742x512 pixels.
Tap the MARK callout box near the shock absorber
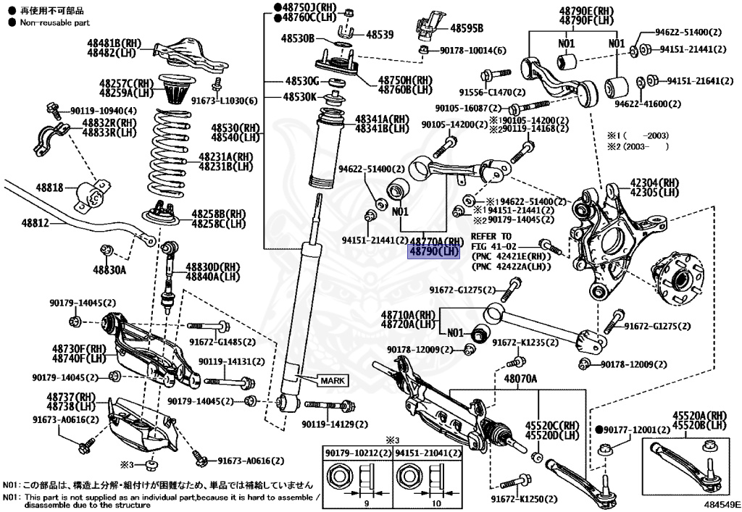click(331, 379)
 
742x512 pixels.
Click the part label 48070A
click(520, 379)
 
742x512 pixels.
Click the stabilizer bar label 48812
click(35, 223)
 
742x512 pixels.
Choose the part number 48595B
click(467, 28)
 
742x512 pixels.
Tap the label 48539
click(380, 34)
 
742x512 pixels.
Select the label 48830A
click(109, 270)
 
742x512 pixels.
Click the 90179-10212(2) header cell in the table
click(358, 453)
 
